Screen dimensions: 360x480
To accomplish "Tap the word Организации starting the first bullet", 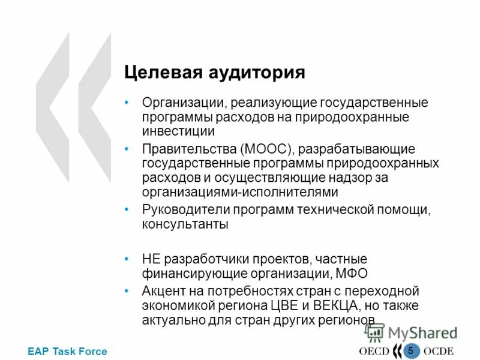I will [179, 103].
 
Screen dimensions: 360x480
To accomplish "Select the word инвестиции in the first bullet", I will [178, 130].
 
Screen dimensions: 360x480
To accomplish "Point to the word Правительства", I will [188, 148].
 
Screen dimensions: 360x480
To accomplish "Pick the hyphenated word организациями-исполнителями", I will [240, 192].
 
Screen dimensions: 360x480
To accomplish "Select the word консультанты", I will [185, 224].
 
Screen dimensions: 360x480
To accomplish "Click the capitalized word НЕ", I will [151, 259].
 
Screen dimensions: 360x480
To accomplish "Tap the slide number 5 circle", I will [410, 350].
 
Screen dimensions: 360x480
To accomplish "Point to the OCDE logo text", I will [439, 352].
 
